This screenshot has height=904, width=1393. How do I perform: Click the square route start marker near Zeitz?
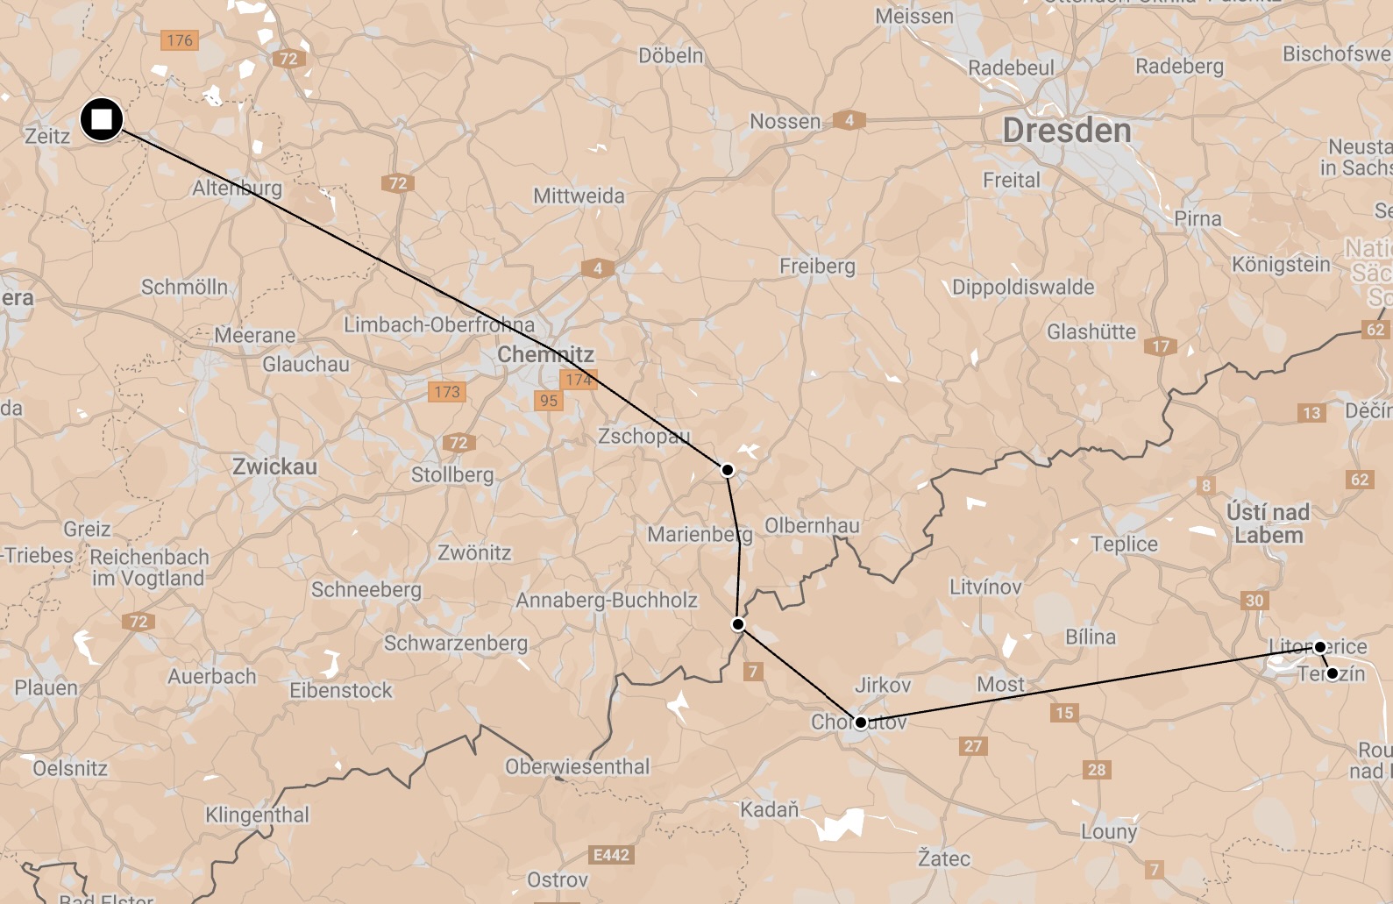click(102, 119)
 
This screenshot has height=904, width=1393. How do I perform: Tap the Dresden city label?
click(1067, 132)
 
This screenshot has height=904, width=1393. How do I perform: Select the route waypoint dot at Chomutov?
click(860, 722)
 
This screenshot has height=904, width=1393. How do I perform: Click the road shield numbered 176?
click(180, 40)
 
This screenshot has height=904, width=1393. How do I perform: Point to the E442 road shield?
click(611, 855)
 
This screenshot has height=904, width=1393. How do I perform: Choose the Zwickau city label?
click(274, 466)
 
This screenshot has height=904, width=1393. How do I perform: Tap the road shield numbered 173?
click(447, 392)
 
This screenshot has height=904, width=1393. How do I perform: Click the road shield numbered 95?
click(549, 401)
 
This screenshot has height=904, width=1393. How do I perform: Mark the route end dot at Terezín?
click(1332, 673)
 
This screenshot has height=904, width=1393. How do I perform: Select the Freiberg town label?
click(817, 266)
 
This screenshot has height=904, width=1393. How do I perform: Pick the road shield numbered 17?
click(1161, 346)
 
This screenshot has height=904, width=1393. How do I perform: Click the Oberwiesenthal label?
click(577, 767)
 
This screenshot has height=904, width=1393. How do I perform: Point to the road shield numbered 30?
click(1254, 601)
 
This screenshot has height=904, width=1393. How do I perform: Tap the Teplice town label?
click(1124, 545)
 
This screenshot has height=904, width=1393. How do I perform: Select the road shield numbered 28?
click(1097, 770)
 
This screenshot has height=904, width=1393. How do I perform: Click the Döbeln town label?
click(671, 56)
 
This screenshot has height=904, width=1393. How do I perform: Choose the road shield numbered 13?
click(1311, 413)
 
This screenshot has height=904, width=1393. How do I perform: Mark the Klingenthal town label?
click(257, 815)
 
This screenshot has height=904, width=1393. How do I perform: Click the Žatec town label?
click(943, 858)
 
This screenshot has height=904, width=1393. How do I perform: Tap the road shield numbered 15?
click(1064, 713)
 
